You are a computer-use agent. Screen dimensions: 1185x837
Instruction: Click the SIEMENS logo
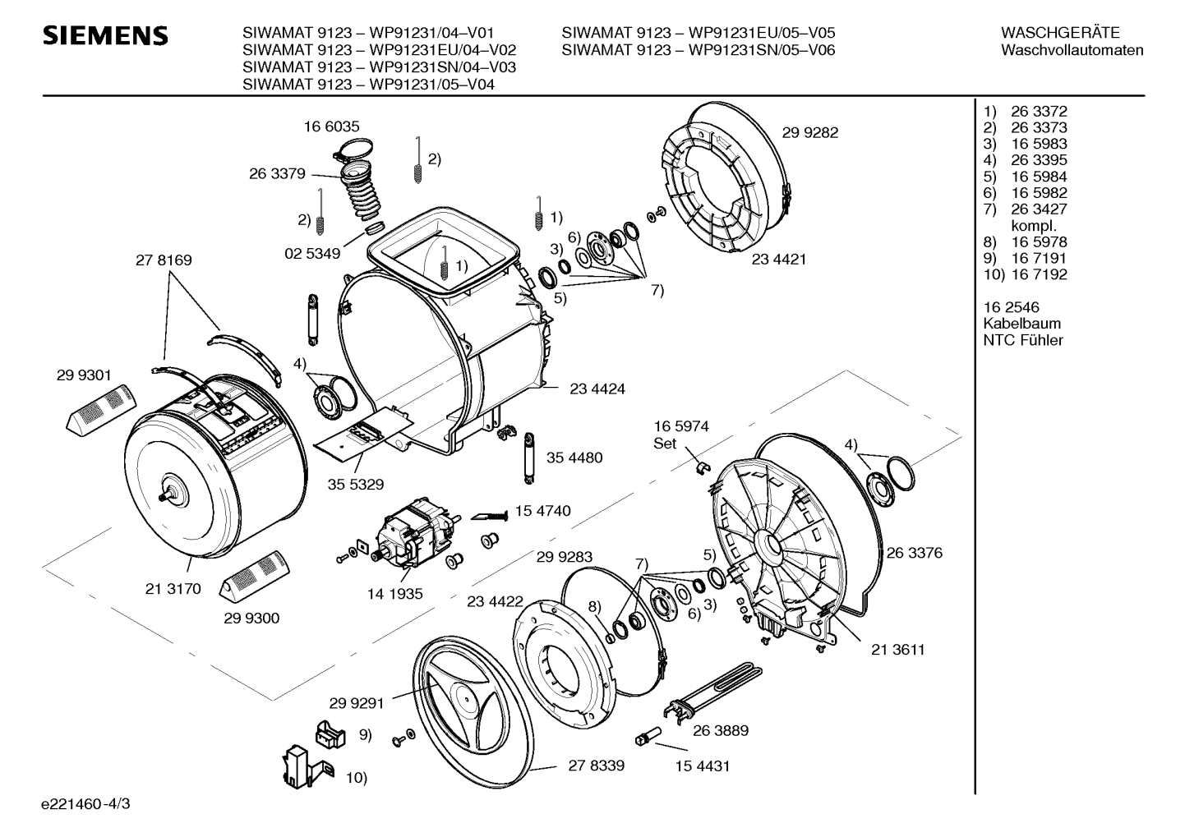pyautogui.click(x=105, y=36)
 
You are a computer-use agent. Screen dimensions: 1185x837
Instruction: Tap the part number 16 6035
pyautogui.click(x=331, y=126)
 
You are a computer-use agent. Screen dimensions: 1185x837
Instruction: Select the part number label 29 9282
pyautogui.click(x=810, y=132)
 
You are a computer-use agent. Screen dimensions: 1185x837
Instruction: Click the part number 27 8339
pyautogui.click(x=597, y=765)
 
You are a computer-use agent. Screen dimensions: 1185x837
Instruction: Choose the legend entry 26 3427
pyautogui.click(x=1039, y=209)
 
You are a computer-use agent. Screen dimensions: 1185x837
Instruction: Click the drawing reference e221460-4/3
pyautogui.click(x=85, y=803)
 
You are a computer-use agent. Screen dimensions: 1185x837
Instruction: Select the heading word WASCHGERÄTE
pyautogui.click(x=1060, y=33)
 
